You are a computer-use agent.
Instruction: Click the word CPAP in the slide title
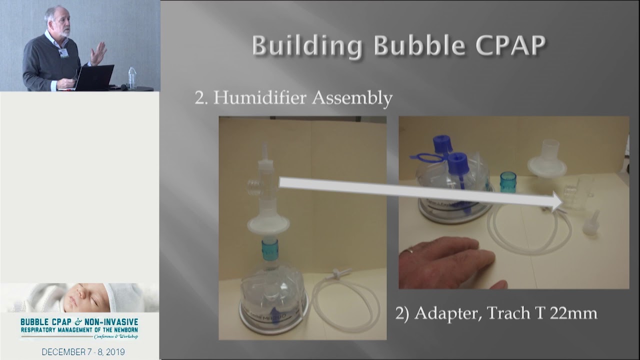click(x=510, y=46)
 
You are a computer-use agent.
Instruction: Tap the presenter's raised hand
click(x=98, y=53)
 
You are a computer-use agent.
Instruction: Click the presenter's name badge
click(x=64, y=52)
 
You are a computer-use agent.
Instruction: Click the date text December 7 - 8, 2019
click(x=83, y=352)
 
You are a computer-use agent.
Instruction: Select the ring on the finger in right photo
click(x=410, y=249)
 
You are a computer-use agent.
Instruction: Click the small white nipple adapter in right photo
click(x=591, y=223)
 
